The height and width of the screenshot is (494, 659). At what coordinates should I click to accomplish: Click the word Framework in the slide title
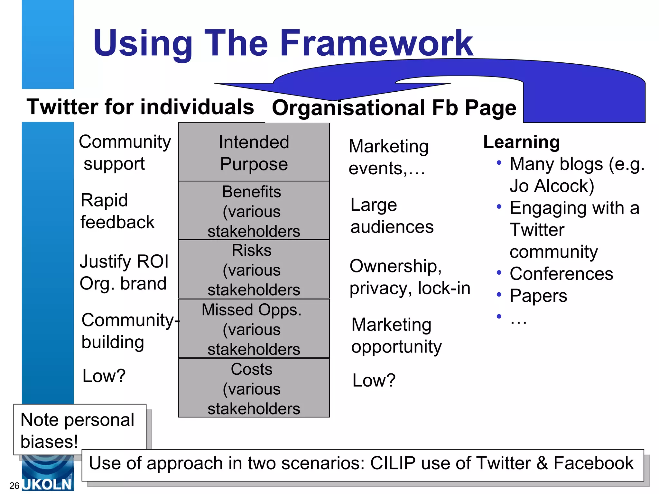(x=376, y=43)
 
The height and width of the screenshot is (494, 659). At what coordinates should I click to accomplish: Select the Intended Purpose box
(x=254, y=152)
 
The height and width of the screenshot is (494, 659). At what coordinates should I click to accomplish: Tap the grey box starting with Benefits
(x=254, y=211)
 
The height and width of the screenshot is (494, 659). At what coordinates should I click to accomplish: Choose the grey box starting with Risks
(x=254, y=270)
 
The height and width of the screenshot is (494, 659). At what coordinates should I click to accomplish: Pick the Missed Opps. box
(x=254, y=329)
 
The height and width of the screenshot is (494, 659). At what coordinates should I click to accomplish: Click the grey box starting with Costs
(x=254, y=388)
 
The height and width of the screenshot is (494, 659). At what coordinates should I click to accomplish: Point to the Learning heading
(x=522, y=142)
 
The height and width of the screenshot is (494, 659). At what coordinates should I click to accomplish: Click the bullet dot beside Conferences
(x=499, y=273)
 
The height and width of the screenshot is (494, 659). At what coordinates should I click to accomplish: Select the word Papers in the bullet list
(x=538, y=296)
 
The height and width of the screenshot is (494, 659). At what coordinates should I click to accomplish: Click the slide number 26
(x=14, y=486)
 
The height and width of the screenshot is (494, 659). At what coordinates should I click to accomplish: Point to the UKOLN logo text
(x=48, y=484)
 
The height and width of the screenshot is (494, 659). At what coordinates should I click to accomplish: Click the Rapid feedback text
(x=117, y=211)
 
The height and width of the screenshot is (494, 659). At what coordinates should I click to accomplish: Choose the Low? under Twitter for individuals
(x=104, y=376)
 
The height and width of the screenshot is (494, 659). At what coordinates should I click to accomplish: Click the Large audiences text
(x=392, y=216)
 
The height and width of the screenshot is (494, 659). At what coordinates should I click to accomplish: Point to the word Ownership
(x=395, y=266)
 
